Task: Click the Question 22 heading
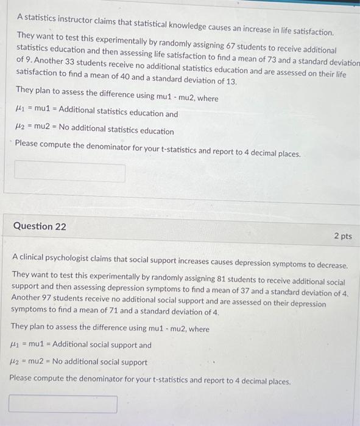(40, 226)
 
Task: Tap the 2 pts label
(342, 236)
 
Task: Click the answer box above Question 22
(70, 173)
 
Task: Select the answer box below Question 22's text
(63, 404)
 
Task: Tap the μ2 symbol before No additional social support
(16, 362)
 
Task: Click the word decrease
(330, 266)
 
